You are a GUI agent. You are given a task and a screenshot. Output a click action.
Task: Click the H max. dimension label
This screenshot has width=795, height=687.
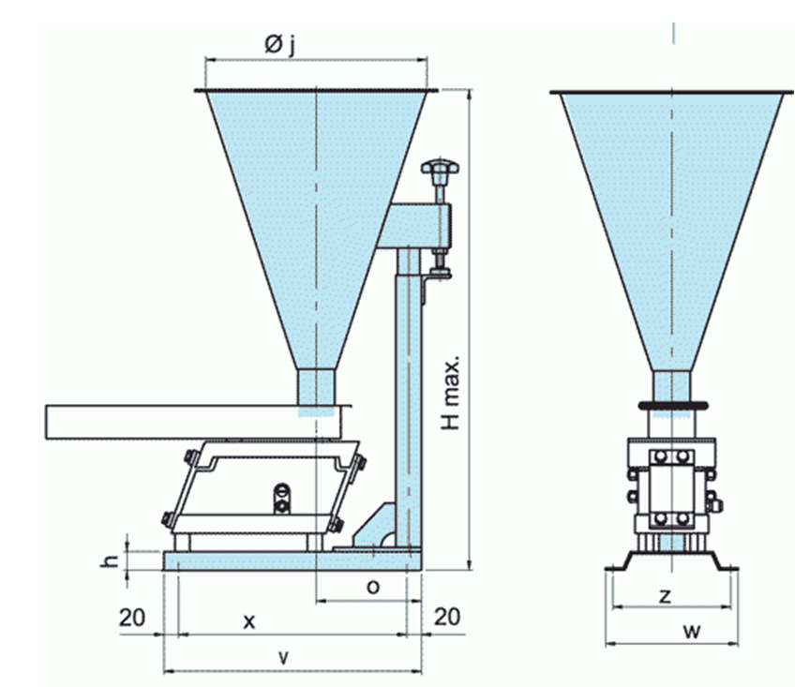click(x=452, y=392)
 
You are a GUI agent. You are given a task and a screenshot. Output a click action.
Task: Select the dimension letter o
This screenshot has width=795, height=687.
click(x=372, y=587)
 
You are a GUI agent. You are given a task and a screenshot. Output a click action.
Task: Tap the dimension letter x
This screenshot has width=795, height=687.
click(x=248, y=620)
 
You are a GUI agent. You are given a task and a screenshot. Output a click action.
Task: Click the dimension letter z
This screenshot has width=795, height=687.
click(x=665, y=595)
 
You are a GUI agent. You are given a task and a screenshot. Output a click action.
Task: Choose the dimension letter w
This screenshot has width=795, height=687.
click(x=692, y=631)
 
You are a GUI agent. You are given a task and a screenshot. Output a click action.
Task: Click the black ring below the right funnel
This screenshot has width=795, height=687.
click(x=670, y=405)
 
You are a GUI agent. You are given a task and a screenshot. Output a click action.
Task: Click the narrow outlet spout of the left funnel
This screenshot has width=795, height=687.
click(x=316, y=387)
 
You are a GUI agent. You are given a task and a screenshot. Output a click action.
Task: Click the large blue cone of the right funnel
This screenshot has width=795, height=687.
click(x=670, y=216)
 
